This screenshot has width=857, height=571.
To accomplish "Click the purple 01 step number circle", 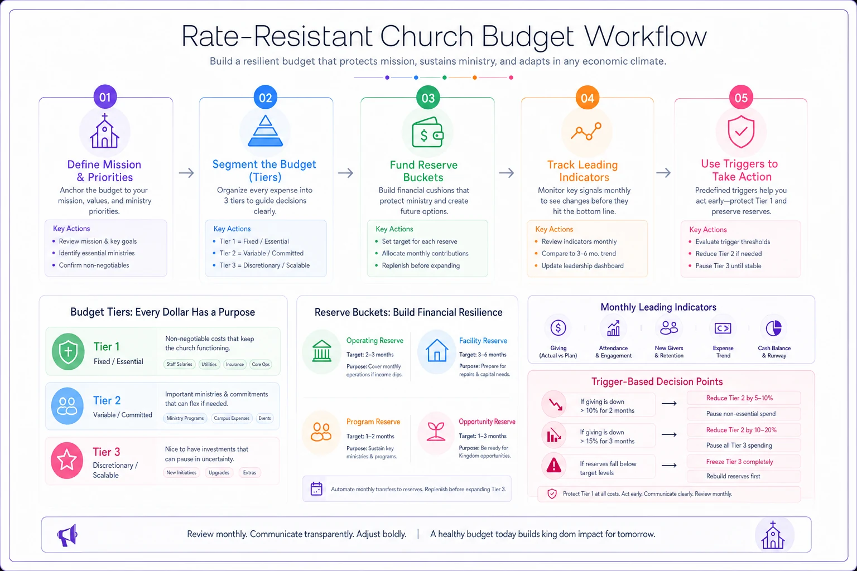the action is click(105, 97).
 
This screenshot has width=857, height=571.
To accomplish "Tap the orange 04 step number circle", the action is click(588, 98).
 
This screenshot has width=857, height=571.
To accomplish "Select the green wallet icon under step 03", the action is click(427, 132).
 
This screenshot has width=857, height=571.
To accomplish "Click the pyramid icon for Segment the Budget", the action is click(265, 131).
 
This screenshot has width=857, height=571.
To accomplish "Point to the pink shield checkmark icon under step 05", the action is click(741, 131).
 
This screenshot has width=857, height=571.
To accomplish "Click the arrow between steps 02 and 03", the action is click(345, 173).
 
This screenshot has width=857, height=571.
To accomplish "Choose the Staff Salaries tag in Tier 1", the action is click(180, 364).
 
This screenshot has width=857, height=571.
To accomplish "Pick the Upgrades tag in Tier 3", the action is click(219, 473).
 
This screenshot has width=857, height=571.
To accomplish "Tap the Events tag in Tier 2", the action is click(264, 418).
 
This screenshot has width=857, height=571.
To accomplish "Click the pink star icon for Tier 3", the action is click(67, 460).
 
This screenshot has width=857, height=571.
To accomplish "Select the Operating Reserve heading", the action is click(374, 340).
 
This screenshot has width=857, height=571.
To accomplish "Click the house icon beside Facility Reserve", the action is click(436, 350).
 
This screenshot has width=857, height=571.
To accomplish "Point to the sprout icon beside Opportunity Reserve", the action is click(436, 432).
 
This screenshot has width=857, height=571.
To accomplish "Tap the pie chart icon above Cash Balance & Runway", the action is click(774, 328).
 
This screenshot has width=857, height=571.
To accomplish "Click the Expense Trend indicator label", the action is click(723, 351).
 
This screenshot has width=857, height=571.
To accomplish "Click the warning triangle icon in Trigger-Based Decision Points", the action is click(553, 466).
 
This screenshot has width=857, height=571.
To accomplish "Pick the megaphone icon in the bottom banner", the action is click(68, 535).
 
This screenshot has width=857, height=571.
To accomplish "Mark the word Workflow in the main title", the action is click(646, 36).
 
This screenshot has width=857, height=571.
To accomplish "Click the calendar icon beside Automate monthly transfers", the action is click(316, 489).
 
